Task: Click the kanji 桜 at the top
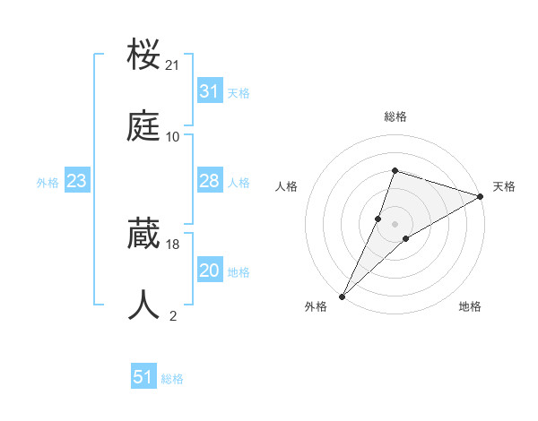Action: click(x=144, y=56)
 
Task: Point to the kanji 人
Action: click(x=144, y=305)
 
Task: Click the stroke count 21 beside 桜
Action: click(x=173, y=65)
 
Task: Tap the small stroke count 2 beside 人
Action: click(x=173, y=315)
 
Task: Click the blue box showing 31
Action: click(x=209, y=91)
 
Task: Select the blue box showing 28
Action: click(x=209, y=181)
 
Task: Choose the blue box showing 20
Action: click(x=209, y=271)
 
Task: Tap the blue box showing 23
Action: click(x=77, y=182)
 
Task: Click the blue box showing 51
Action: click(x=143, y=378)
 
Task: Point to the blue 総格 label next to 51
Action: click(x=172, y=379)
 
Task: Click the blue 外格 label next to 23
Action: click(x=48, y=183)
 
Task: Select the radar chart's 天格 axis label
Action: click(x=504, y=186)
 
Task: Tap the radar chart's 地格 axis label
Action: click(x=470, y=307)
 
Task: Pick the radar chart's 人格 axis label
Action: click(x=286, y=186)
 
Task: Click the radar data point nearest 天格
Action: click(x=481, y=196)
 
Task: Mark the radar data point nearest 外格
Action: click(x=342, y=296)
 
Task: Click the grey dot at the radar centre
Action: click(x=395, y=223)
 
